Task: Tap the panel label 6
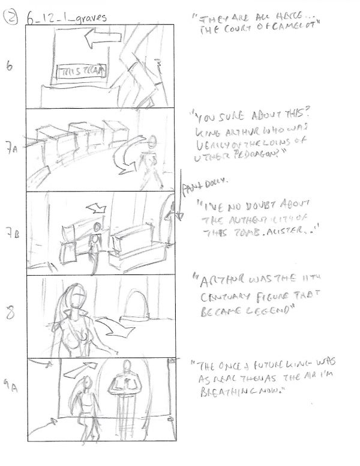(x=9, y=67)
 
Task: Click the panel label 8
(x=11, y=313)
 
